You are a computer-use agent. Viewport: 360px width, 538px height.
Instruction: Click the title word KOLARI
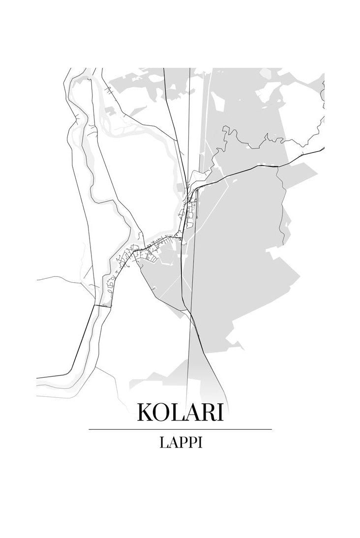click(x=180, y=412)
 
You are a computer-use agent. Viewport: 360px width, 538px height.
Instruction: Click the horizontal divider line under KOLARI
click(x=180, y=429)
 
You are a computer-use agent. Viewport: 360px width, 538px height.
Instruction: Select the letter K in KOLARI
click(x=146, y=412)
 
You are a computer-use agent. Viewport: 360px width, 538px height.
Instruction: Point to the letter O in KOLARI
click(x=163, y=412)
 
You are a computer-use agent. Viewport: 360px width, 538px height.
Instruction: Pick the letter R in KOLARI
click(x=207, y=412)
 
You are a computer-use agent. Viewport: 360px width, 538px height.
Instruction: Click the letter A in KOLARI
click(x=192, y=412)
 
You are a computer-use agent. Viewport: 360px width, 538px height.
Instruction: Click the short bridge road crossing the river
click(x=103, y=305)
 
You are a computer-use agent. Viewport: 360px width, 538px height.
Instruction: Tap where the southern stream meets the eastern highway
click(x=278, y=167)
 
